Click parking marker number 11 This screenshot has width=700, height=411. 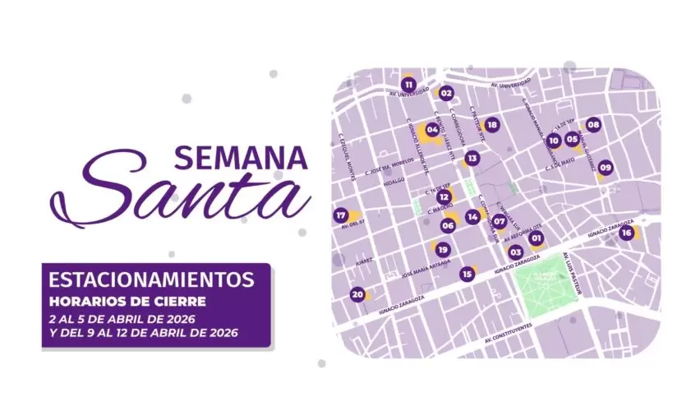[x=408, y=84]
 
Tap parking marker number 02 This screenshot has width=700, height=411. [x=446, y=93]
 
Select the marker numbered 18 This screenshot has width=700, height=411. [x=491, y=125]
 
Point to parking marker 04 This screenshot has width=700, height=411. [x=432, y=129]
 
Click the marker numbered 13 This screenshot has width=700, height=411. [x=472, y=157]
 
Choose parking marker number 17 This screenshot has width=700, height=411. [x=342, y=215]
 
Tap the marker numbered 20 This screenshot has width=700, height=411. [x=357, y=294]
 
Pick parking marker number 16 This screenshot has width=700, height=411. [x=626, y=233]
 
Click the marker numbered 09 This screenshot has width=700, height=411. [x=606, y=168]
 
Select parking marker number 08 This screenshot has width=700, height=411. [x=593, y=125]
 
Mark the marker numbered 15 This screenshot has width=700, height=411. [x=467, y=274]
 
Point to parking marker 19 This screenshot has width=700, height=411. [x=443, y=250]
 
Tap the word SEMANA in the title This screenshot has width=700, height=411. [x=240, y=156]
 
